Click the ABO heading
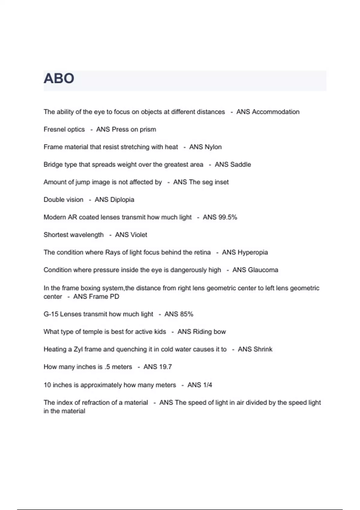(x=59, y=79)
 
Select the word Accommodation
(x=275, y=112)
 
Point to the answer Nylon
(x=213, y=147)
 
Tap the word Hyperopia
(x=253, y=252)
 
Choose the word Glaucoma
(x=263, y=270)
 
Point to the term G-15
(x=51, y=314)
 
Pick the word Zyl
(x=78, y=349)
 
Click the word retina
(x=201, y=252)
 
